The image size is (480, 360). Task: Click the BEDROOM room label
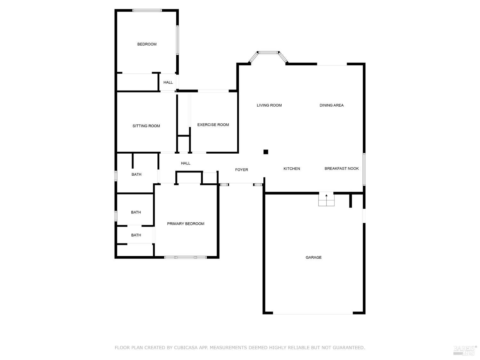[x=147, y=44]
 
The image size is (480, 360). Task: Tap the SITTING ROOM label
[x=146, y=126]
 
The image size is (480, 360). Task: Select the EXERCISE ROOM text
[x=213, y=125]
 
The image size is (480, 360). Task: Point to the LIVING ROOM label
[x=269, y=105]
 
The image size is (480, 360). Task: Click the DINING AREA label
[x=332, y=105]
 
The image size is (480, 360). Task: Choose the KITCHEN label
[x=292, y=169]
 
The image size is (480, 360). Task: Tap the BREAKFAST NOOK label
[x=341, y=169]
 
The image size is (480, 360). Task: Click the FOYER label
[x=242, y=170]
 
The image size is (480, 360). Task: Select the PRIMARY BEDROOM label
[x=186, y=224]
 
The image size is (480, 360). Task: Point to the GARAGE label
[x=314, y=257]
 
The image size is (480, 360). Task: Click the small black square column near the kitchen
[x=266, y=152]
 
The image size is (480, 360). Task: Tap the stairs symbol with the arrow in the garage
[x=326, y=200]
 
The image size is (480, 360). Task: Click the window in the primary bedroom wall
[x=185, y=257]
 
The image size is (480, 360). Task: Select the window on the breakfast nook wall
[x=364, y=169]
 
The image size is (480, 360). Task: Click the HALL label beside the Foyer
[x=186, y=163]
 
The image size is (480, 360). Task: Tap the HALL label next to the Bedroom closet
[x=168, y=82]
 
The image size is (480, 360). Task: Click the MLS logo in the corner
[x=465, y=350]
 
